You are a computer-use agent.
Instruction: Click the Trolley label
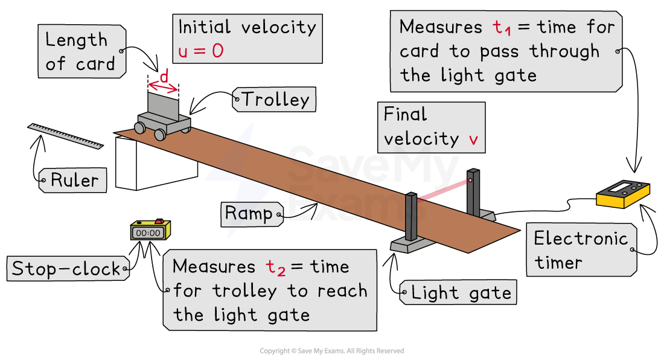point(275,100)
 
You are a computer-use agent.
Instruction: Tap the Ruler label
point(74,180)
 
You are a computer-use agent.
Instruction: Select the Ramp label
point(249,213)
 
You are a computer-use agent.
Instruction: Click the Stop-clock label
point(66,269)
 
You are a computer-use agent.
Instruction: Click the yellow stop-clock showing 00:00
point(150,231)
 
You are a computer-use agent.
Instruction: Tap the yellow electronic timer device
point(622,195)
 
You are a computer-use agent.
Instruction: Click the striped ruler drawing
point(65,136)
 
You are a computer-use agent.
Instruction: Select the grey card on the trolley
point(163,106)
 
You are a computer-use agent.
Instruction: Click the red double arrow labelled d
point(163,85)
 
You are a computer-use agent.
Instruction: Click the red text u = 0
point(201,51)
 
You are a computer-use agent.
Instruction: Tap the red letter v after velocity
point(473,140)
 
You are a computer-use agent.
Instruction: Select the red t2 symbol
point(275,268)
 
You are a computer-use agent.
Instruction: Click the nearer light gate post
point(411,217)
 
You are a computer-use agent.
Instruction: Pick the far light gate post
point(473,191)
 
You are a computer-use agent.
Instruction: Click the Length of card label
point(80,52)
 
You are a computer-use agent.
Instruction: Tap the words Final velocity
point(421,127)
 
